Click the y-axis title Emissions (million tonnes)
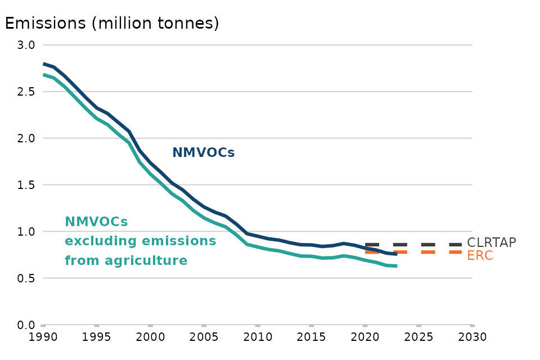pos(111,23)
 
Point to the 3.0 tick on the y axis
pos(28,45)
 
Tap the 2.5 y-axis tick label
pos(28,92)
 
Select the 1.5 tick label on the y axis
pos(28,185)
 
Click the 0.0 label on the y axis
pos(28,325)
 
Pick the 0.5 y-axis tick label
pos(28,278)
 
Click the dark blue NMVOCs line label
pos(203,152)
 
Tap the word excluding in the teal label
pos(99,241)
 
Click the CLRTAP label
pos(492,243)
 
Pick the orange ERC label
pos(480,255)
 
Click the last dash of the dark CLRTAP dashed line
pos(456,245)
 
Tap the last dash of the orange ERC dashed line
pos(456,251)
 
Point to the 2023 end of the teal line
pos(397,265)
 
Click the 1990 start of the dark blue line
pos(44,64)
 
